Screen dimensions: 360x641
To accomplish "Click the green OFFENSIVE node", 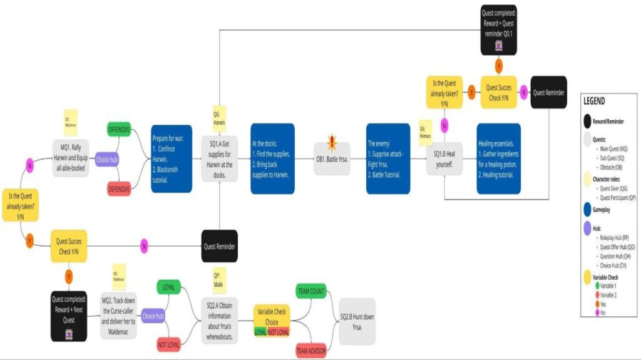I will [x=119, y=130].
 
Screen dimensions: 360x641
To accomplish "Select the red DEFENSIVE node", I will [x=119, y=188].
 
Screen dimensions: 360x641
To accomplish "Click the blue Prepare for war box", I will [x=171, y=159].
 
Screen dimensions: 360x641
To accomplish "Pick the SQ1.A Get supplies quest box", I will [x=219, y=159].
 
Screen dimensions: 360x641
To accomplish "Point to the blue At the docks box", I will [x=272, y=159].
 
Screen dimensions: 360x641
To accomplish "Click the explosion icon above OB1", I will [x=332, y=141].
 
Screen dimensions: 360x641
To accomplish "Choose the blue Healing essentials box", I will [x=499, y=159].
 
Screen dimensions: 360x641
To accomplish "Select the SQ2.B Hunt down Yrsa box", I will [x=357, y=321].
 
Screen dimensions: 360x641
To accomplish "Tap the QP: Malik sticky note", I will [x=219, y=279].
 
